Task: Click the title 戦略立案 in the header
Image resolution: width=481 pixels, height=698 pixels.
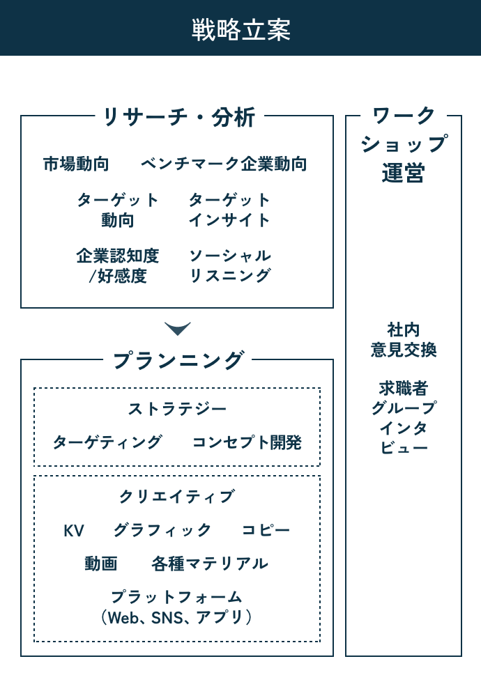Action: (241, 30)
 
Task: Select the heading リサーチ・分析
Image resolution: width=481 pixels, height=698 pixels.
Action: (179, 118)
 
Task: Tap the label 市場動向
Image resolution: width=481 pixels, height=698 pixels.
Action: (76, 164)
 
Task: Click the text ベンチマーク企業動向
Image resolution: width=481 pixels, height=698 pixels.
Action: (224, 164)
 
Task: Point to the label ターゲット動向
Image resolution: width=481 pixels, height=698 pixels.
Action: (118, 210)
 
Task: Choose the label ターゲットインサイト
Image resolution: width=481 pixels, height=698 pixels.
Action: (230, 210)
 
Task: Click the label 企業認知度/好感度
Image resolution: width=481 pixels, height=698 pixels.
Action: (118, 266)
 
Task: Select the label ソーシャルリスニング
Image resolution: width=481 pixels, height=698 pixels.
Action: (230, 266)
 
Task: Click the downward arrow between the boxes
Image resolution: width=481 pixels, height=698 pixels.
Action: (177, 329)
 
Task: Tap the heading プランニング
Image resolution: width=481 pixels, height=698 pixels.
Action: (178, 360)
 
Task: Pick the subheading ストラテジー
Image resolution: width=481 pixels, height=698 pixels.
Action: (177, 409)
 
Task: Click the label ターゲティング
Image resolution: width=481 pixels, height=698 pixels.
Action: (107, 442)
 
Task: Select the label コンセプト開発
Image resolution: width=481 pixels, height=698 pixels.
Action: (247, 442)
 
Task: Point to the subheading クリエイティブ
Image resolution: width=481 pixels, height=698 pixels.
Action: (177, 497)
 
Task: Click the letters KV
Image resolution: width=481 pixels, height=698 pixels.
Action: (74, 531)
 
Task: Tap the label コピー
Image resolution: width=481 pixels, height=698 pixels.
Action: (266, 530)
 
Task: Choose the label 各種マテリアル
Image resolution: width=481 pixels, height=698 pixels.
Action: (210, 564)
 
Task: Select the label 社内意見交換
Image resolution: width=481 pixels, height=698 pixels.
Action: (404, 340)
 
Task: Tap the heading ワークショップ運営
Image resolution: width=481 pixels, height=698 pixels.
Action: (404, 145)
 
